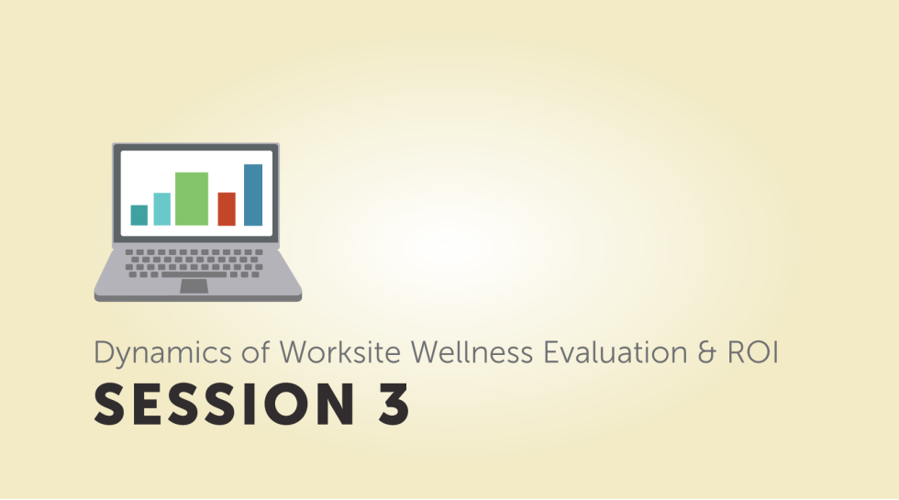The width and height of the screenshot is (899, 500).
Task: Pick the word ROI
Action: click(x=753, y=352)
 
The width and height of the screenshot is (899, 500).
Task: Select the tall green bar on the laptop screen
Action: click(x=192, y=198)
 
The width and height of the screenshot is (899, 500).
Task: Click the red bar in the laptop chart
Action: click(x=227, y=208)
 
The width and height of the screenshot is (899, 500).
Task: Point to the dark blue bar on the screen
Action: click(x=253, y=194)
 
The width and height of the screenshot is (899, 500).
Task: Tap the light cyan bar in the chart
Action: click(x=161, y=208)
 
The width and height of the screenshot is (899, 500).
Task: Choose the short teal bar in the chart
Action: click(x=139, y=215)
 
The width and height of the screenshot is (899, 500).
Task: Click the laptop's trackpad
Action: click(x=194, y=286)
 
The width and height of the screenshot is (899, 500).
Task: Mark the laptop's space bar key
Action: click(x=194, y=273)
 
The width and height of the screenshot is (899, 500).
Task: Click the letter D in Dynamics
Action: click(x=102, y=352)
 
